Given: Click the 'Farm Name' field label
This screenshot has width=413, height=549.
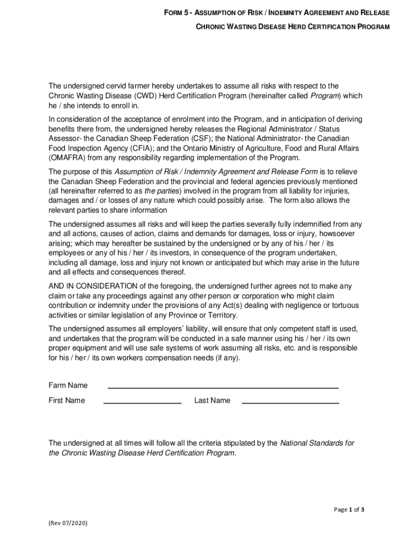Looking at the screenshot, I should click(x=68, y=385).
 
